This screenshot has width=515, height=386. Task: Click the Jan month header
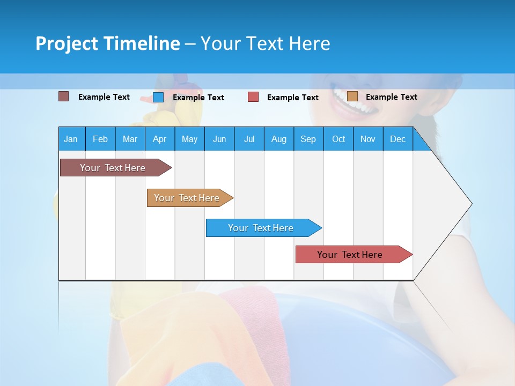click(x=71, y=139)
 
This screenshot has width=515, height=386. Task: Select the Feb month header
click(x=100, y=139)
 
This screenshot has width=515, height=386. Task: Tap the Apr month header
click(x=159, y=139)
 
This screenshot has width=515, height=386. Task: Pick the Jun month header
click(x=219, y=139)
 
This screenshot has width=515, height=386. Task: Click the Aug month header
click(x=279, y=139)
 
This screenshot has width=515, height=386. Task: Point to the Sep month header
click(x=308, y=139)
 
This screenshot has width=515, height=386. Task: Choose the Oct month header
click(x=339, y=139)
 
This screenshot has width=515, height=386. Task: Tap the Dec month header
click(x=398, y=139)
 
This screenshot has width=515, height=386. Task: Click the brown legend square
click(x=63, y=96)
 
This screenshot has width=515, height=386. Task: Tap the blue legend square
click(x=158, y=97)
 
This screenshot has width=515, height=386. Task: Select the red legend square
click(x=253, y=97)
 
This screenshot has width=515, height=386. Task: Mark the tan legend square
click(x=352, y=96)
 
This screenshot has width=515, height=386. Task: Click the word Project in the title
click(x=67, y=43)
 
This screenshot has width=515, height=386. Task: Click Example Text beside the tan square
click(x=391, y=97)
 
